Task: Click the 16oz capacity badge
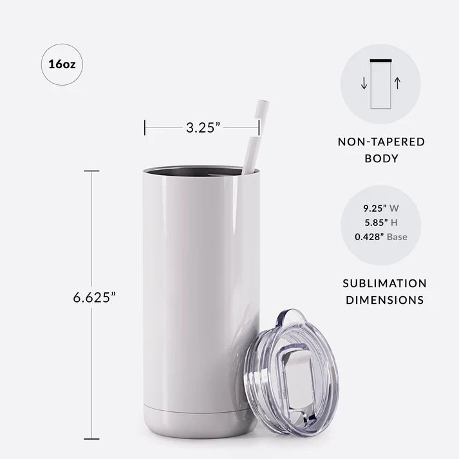62,64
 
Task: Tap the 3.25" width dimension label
203,127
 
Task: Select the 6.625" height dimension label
94,298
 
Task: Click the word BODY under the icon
381,158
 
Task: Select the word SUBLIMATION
384,283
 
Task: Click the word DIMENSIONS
384,299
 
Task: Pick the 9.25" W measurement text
380,208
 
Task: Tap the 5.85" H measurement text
380,222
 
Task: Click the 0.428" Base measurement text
380,237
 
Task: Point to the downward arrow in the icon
364,84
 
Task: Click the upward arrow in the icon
397,83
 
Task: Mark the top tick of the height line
91,171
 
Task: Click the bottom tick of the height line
91,439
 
